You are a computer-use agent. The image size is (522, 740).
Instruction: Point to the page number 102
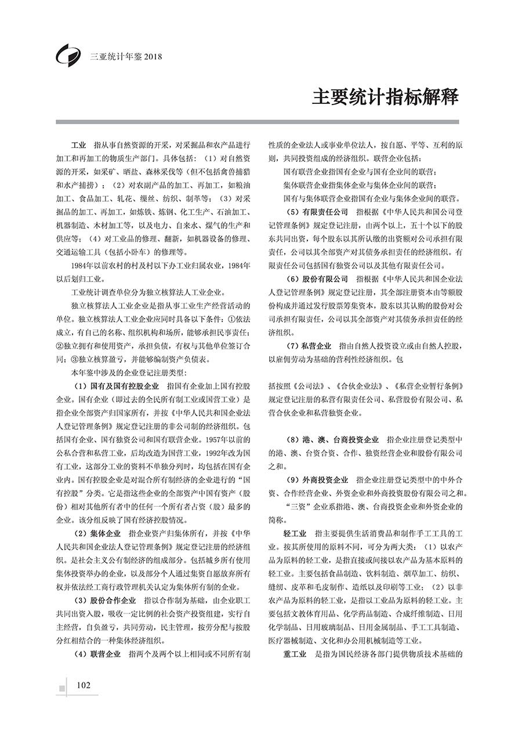84,685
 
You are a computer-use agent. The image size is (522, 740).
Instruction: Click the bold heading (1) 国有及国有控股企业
117,385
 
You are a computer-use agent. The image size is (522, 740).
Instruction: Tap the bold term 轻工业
295,533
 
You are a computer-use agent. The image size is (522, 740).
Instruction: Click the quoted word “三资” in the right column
296,507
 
